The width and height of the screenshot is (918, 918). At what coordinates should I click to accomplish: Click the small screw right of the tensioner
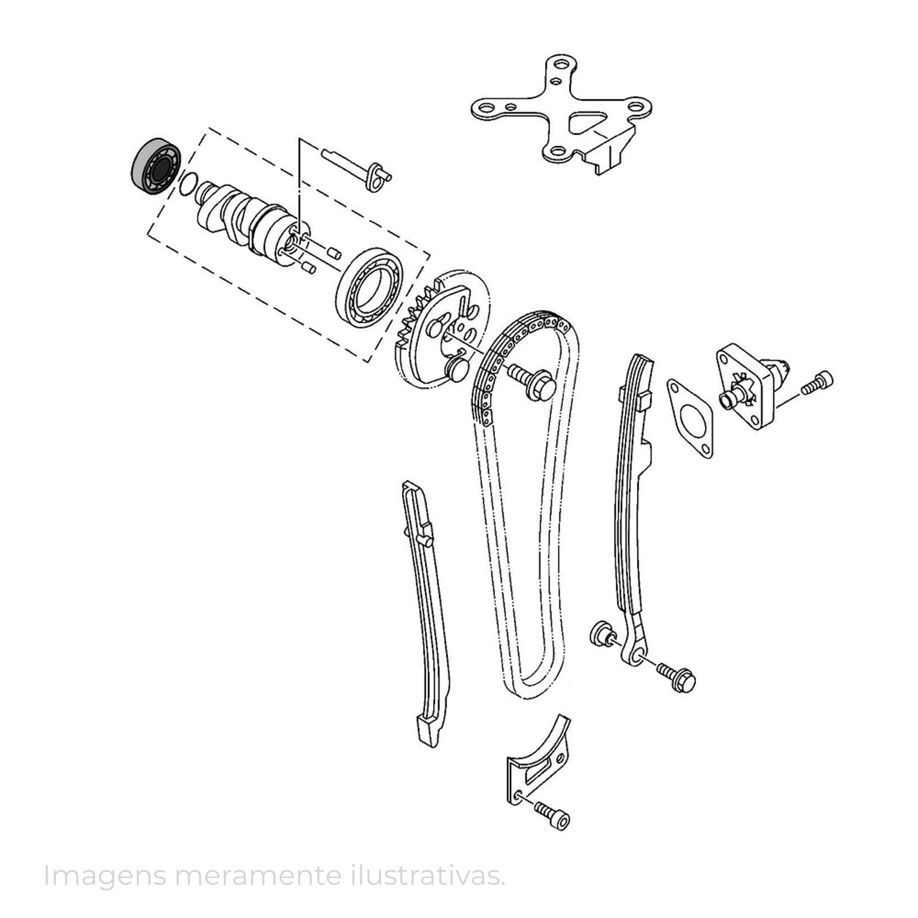tap(817, 382)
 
